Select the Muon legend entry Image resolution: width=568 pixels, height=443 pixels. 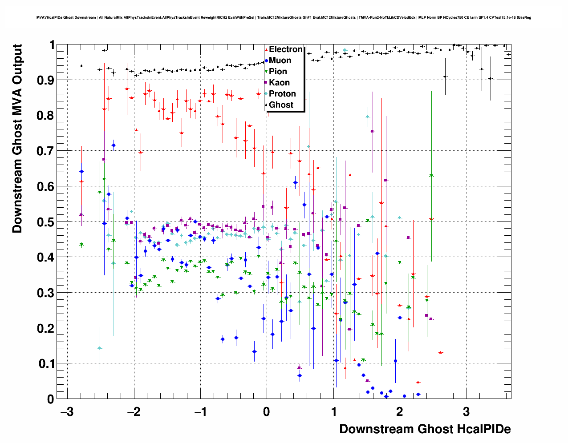click(x=280, y=60)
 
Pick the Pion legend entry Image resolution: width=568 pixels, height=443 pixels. click(x=278, y=72)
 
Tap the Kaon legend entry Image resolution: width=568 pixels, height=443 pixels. click(x=279, y=83)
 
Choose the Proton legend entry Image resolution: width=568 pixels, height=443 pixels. click(x=282, y=94)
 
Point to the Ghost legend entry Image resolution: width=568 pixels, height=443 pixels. click(x=281, y=105)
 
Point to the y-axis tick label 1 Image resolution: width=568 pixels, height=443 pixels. click(x=52, y=45)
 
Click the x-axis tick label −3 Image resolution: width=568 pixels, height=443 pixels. click(x=66, y=412)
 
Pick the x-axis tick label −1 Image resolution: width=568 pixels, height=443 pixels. click(x=199, y=412)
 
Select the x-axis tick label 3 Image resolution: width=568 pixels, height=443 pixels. click(x=466, y=412)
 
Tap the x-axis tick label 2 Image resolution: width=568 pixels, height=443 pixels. click(x=399, y=412)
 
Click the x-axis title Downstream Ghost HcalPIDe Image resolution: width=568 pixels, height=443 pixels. click(x=425, y=429)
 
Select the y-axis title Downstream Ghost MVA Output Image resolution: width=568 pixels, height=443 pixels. click(x=17, y=138)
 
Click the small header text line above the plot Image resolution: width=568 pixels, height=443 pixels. click(x=284, y=18)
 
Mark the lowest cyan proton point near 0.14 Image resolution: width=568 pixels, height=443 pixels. click(x=100, y=348)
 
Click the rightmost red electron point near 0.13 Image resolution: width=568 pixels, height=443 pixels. click(x=440, y=353)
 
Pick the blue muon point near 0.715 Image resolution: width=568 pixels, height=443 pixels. click(x=114, y=145)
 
